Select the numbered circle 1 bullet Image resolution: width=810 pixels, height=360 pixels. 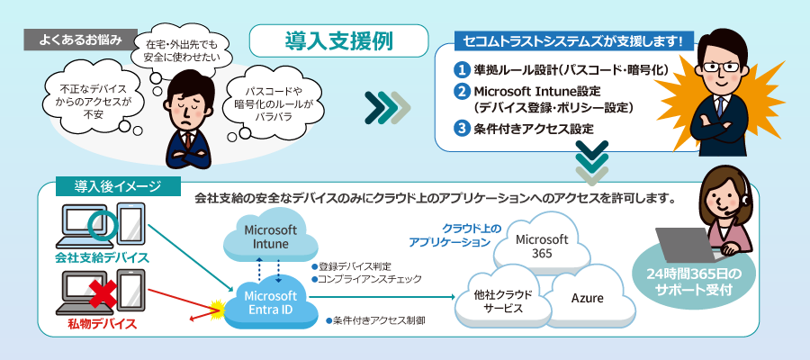(x=462, y=69)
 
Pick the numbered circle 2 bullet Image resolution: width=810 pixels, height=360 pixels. (x=462, y=92)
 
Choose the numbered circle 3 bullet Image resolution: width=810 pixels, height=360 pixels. (x=462, y=128)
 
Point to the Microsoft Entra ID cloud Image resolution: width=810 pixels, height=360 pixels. (x=270, y=302)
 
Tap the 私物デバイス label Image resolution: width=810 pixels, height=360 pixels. (x=100, y=322)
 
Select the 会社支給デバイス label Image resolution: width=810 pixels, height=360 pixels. (x=101, y=258)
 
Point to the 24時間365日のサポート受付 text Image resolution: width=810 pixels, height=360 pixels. (x=689, y=282)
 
